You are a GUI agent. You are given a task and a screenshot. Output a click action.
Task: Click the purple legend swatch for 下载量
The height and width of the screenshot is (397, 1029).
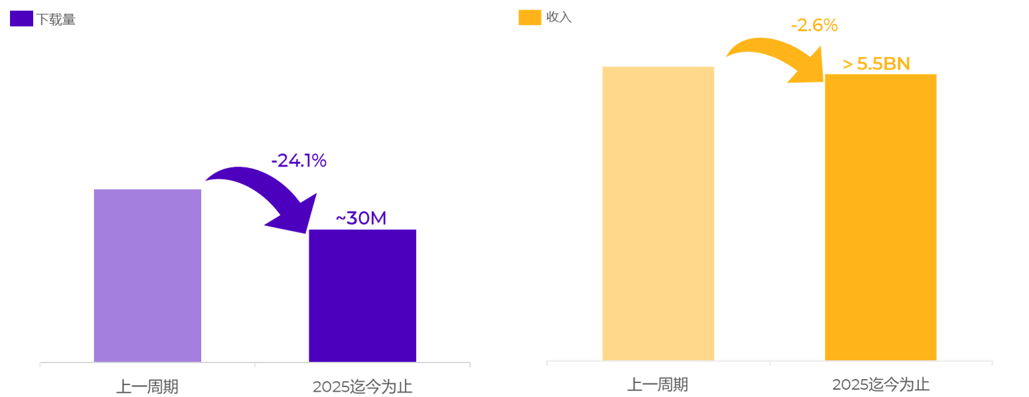point(21,19)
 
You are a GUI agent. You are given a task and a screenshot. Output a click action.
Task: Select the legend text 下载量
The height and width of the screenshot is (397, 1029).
point(56,19)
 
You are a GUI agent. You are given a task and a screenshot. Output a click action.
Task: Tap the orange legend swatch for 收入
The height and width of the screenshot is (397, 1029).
point(529,17)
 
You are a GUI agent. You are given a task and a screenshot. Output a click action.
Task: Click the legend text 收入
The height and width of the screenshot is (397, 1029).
point(559,17)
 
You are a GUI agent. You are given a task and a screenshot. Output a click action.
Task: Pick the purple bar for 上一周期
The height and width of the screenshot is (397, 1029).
point(147,275)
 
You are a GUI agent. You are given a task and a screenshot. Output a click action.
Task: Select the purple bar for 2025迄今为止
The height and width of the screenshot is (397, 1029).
point(362,295)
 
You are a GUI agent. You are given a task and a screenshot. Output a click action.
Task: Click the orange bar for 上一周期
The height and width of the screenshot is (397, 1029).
point(658,212)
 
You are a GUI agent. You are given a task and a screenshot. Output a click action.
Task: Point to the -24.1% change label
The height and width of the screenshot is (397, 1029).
point(298,161)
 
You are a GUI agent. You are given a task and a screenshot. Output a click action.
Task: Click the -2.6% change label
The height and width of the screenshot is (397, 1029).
point(814,26)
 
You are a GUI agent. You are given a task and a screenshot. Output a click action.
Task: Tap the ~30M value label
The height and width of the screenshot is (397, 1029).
point(360,218)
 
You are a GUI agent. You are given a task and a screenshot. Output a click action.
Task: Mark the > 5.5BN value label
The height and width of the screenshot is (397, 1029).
point(876,64)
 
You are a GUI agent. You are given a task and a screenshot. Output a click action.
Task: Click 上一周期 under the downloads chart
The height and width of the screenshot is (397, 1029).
point(147,386)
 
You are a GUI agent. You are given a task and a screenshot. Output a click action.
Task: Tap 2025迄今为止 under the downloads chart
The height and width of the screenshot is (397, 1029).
point(362,386)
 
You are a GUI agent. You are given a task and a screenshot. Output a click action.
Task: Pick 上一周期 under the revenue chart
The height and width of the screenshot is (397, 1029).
point(657,384)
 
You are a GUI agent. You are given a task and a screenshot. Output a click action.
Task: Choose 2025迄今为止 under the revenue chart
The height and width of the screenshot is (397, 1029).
point(880,384)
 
